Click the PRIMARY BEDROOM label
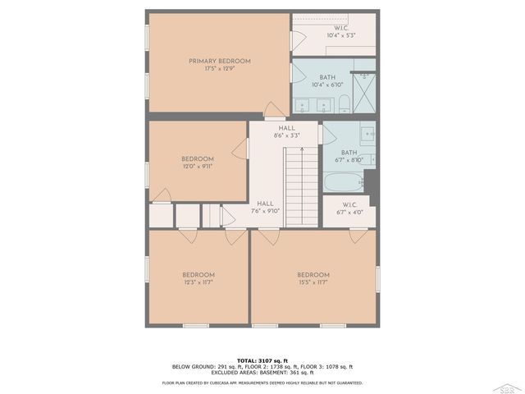point(219,61)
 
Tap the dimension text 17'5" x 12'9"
point(219,68)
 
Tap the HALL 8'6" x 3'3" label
point(286,131)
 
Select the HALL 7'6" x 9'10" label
point(265,207)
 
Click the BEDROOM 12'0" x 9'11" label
point(198,163)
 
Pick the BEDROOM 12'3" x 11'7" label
point(198,278)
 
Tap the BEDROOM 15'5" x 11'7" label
point(313,278)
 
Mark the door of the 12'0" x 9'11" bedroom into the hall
point(240,149)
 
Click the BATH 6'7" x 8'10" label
point(349,155)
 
